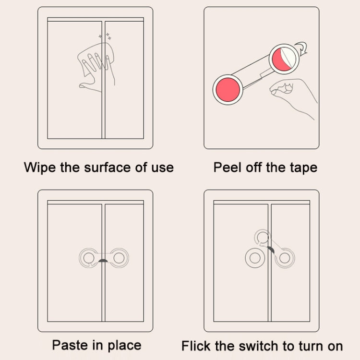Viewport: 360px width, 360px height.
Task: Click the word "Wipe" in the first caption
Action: coord(40,167)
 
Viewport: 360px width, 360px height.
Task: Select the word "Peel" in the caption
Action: coord(228,167)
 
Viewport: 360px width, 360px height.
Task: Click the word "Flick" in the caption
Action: coord(196,346)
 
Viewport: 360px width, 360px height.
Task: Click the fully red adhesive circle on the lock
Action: coord(228,90)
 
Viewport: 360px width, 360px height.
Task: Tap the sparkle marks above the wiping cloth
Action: coord(105,36)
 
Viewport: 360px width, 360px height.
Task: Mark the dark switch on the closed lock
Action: coord(103,261)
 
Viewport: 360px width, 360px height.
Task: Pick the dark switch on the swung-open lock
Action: coord(271,250)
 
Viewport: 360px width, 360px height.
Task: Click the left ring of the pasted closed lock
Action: coord(89,258)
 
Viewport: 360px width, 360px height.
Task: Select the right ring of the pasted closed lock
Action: coord(119,258)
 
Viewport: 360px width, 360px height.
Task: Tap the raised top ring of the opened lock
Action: coord(263,237)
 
